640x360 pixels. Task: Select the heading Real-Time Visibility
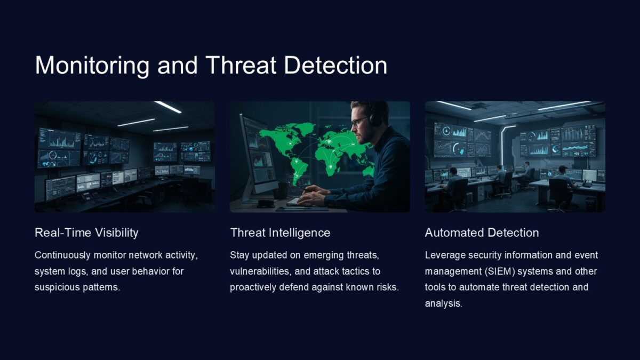pos(86,233)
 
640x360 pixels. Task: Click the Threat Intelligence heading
pos(280,233)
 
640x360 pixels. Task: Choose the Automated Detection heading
pos(482,233)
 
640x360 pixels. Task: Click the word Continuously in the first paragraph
pos(60,255)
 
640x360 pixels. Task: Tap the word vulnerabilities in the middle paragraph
pos(259,271)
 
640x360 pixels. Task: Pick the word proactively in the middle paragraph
pos(252,287)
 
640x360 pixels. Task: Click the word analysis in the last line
pos(443,303)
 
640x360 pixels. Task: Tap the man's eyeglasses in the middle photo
pos(358,121)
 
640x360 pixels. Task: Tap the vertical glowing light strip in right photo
pos(502,144)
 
